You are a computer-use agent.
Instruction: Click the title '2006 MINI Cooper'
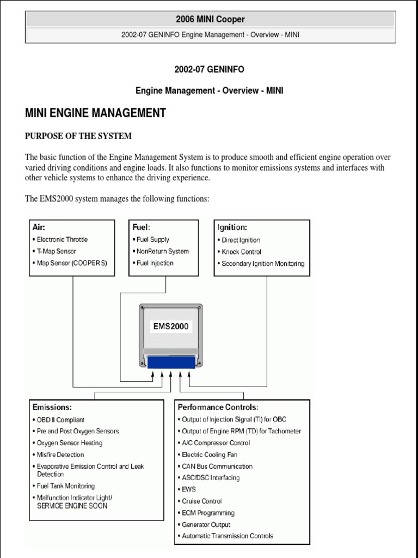point(210,20)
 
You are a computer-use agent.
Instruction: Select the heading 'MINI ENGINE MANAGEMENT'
point(95,113)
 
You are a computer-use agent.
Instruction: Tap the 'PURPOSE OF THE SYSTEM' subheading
point(78,136)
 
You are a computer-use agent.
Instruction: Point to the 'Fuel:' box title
point(142,227)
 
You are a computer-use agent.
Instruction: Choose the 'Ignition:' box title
point(232,227)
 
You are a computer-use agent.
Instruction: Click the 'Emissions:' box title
point(52,407)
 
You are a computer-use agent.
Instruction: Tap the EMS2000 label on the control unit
point(170,326)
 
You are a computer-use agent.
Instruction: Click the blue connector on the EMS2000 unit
point(171,362)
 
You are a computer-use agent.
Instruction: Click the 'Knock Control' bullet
point(241,252)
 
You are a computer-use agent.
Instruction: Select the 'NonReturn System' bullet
point(162,251)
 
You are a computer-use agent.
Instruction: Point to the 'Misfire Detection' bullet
point(60,454)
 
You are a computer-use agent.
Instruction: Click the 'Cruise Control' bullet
point(202,501)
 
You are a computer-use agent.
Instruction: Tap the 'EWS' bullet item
point(189,489)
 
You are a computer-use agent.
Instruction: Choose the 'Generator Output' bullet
point(206,525)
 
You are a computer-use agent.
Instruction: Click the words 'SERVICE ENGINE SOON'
point(72,506)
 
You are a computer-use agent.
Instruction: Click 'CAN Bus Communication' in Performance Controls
point(217,466)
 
